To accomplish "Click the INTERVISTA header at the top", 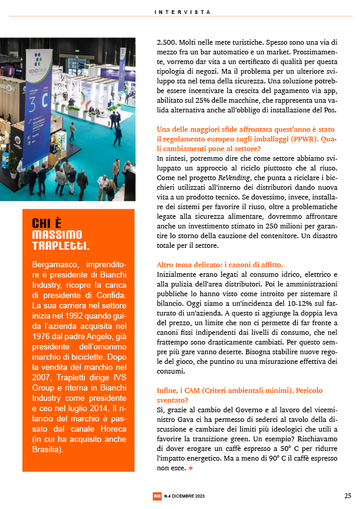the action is pos(183,11).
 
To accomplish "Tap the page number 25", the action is pos(348,496).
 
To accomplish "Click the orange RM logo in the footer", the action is pos(157,496).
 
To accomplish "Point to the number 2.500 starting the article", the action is pos(166,42).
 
